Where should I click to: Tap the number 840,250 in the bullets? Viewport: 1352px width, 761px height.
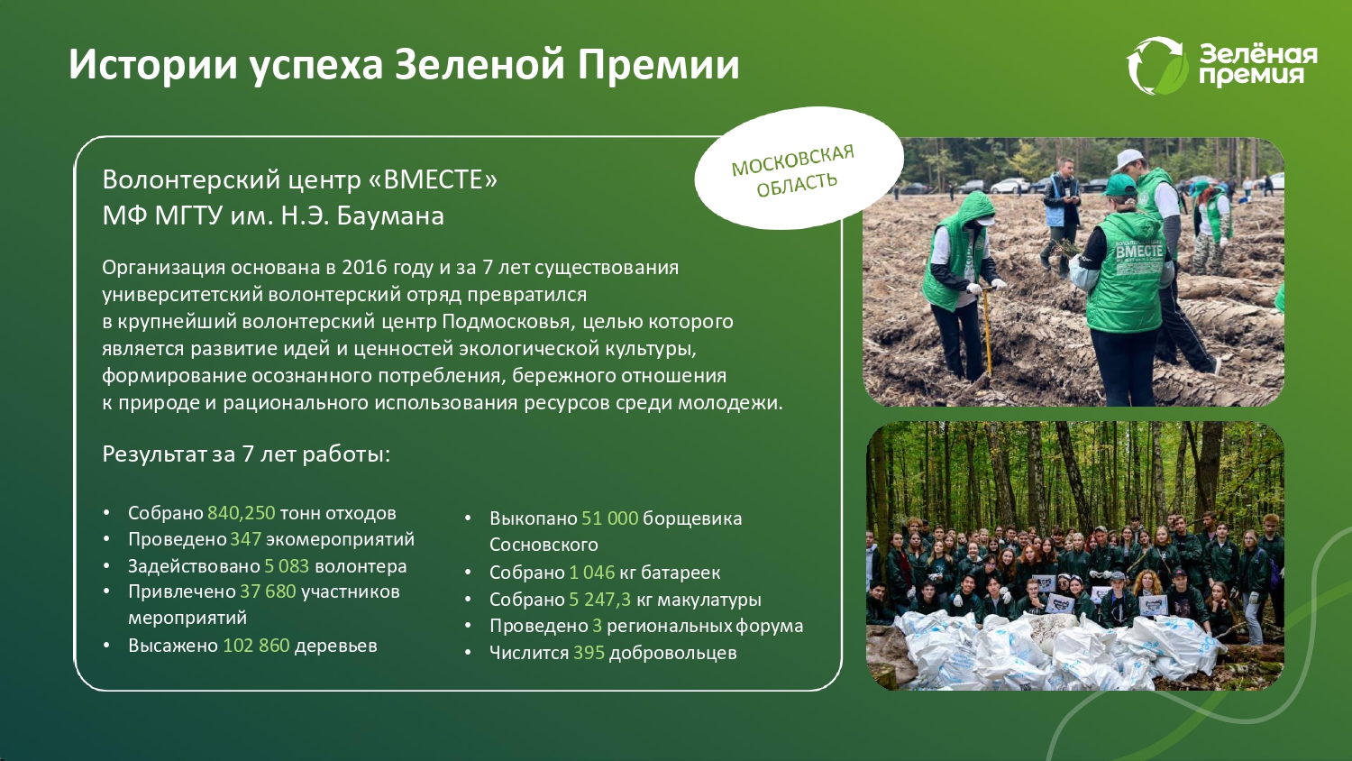242,513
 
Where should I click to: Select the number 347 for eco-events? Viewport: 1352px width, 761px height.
246,538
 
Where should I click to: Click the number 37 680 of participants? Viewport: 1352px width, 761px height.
268,591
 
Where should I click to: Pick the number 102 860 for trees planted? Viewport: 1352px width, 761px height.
257,646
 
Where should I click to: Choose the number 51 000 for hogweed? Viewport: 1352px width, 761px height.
609,518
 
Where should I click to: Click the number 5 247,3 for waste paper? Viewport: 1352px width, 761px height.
600,599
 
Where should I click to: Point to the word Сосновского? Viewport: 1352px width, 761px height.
544,545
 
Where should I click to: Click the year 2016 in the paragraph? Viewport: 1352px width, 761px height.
364,267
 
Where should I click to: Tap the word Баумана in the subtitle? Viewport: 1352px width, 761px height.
390,215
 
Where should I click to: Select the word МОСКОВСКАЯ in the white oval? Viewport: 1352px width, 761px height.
792,160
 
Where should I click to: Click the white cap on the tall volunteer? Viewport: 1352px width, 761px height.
1127,160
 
